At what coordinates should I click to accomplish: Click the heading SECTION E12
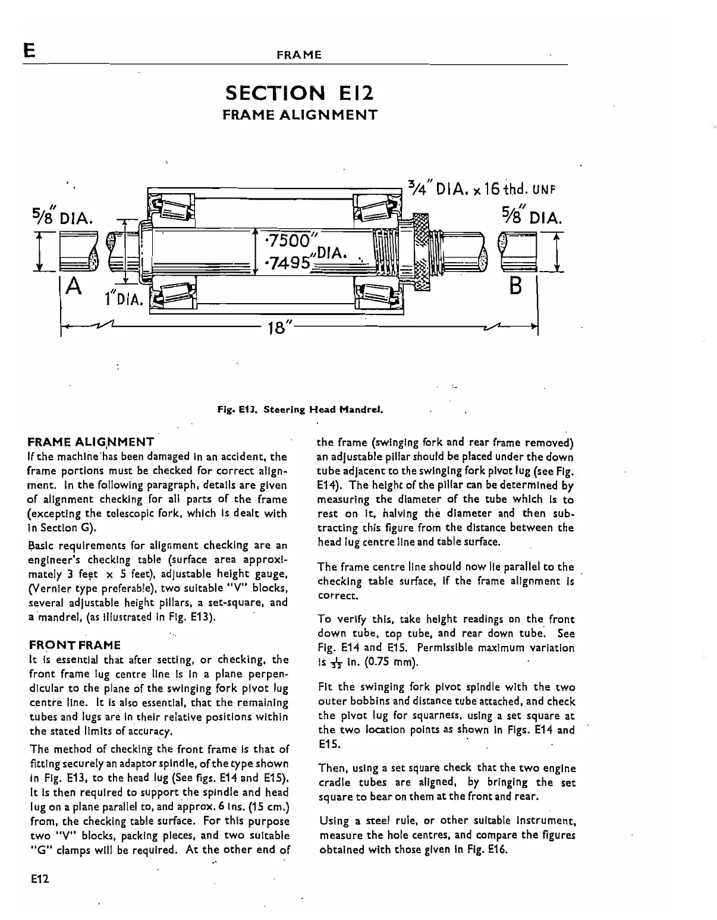coord(300,93)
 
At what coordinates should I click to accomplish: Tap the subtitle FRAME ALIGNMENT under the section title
coord(300,115)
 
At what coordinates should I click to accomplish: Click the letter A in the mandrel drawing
coord(74,287)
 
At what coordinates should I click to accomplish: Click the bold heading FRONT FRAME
coord(74,645)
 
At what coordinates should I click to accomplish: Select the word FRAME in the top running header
coord(299,55)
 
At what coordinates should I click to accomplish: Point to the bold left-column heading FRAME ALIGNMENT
coord(91,442)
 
